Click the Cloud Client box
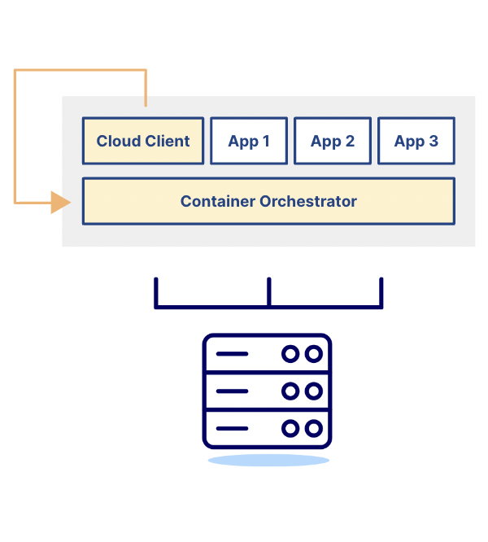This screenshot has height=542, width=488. click(x=143, y=141)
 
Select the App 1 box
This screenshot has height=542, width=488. click(x=249, y=141)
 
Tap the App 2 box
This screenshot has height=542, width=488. click(x=333, y=141)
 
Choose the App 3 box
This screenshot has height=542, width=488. click(x=416, y=141)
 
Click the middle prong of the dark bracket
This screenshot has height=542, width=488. click(x=268, y=291)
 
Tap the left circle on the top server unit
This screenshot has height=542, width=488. click(x=290, y=354)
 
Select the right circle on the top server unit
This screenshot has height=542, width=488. click(x=313, y=354)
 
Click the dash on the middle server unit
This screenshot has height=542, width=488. click(x=232, y=391)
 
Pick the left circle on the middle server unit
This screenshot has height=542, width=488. click(x=290, y=391)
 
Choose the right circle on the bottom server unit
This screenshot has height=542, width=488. click(x=313, y=428)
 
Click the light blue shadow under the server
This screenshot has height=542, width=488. click(x=268, y=461)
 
